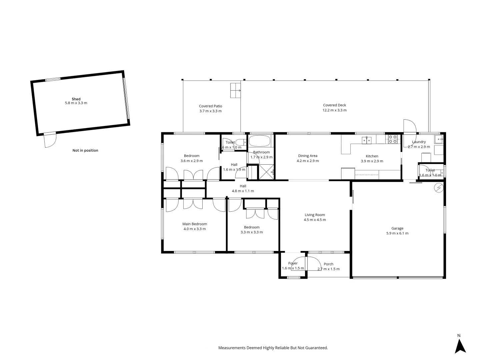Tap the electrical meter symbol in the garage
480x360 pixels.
coord(439,188)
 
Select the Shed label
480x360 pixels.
coord(76,99)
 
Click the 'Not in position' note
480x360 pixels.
coord(85,150)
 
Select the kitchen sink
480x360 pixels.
coord(367,140)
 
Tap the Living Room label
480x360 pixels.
coord(315,215)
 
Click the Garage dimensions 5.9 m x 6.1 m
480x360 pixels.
coord(397,233)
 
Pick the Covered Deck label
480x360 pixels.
coord(335,105)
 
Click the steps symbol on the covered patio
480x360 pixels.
coord(235,90)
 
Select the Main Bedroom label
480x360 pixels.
coord(195,224)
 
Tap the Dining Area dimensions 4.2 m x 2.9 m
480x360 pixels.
coord(308,161)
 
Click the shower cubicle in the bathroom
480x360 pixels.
coord(266,172)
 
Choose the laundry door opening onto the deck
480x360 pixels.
coord(410,127)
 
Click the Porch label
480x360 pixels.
coord(328,264)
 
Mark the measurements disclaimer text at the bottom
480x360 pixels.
coord(273,348)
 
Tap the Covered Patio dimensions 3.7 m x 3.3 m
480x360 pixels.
coord(210,111)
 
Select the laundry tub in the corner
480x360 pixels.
coord(439,139)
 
